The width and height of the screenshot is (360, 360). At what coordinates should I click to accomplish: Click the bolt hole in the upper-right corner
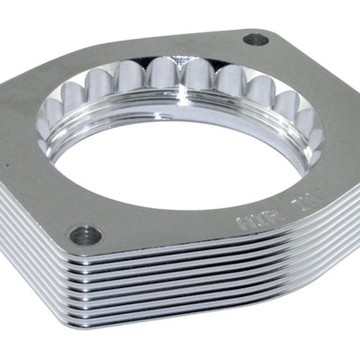click(x=256, y=40)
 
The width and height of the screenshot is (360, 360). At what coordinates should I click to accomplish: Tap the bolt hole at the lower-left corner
click(x=90, y=236)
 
